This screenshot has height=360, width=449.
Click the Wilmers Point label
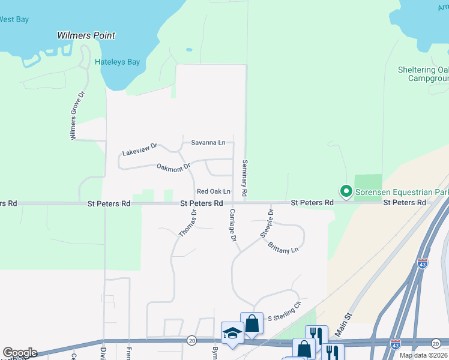click(86, 35)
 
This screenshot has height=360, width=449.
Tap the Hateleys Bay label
click(117, 62)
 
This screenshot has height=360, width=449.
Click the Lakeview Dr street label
click(139, 149)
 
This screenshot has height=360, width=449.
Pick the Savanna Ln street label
click(208, 142)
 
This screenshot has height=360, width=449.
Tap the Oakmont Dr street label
click(173, 167)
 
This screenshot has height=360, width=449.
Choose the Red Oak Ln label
click(214, 191)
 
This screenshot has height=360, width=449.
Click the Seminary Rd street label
click(245, 179)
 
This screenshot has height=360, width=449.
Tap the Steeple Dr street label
click(267, 224)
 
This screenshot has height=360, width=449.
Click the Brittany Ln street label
click(283, 247)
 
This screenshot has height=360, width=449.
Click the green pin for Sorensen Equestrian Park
click(346, 192)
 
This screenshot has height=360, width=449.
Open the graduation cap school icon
click(232, 334)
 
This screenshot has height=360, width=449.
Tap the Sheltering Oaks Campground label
click(423, 74)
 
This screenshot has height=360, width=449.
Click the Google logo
click(19, 353)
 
